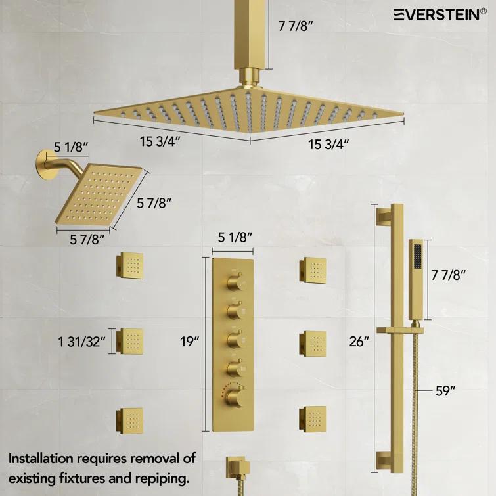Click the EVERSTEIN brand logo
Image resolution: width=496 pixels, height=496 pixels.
(x=440, y=14)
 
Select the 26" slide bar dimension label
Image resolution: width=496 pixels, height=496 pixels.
(x=360, y=341)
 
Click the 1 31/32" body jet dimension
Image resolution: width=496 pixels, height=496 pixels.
(x=82, y=341)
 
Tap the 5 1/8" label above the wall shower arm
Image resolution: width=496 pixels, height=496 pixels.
(x=72, y=145)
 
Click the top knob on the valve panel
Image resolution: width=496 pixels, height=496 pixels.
(x=234, y=282)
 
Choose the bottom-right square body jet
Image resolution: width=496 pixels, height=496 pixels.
(x=312, y=415)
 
